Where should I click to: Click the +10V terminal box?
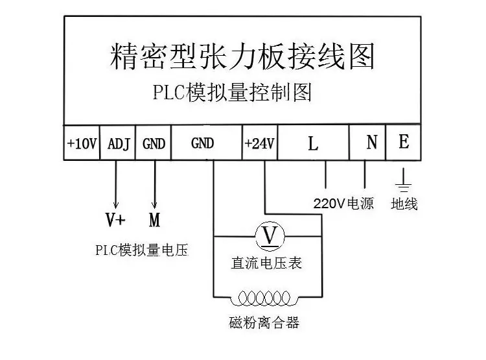point(82,143)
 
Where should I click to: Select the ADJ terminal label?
point(119,144)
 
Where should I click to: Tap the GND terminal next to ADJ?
point(153,143)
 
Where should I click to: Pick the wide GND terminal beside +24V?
point(207,143)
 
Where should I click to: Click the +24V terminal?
point(260,143)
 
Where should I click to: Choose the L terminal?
point(314,143)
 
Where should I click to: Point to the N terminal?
point(367,143)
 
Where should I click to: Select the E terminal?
point(403,143)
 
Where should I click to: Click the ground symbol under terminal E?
point(403,183)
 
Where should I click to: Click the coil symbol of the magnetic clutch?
point(264,298)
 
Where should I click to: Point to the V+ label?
point(115,220)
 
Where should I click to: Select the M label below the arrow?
point(154,220)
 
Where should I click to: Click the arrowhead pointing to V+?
point(115,205)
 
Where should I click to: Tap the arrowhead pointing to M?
point(154,205)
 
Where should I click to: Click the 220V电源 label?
point(343,204)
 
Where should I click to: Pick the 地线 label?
point(404,204)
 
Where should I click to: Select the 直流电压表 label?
point(266,263)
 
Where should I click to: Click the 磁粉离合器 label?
point(264,322)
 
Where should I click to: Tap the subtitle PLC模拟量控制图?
point(232,92)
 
